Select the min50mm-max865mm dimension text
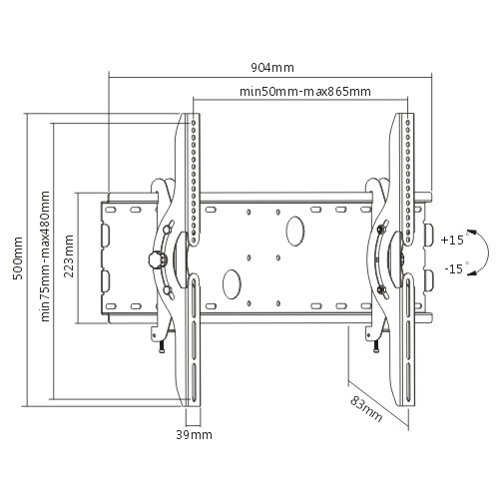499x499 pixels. tap(305, 91)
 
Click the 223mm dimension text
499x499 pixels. tap(68, 256)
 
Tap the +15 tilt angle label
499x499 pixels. tap(451, 240)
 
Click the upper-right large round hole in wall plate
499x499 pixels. tap(295, 230)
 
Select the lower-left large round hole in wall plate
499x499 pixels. tap(232, 282)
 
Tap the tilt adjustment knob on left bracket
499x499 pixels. tap(154, 259)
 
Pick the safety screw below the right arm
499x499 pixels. tap(375, 345)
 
